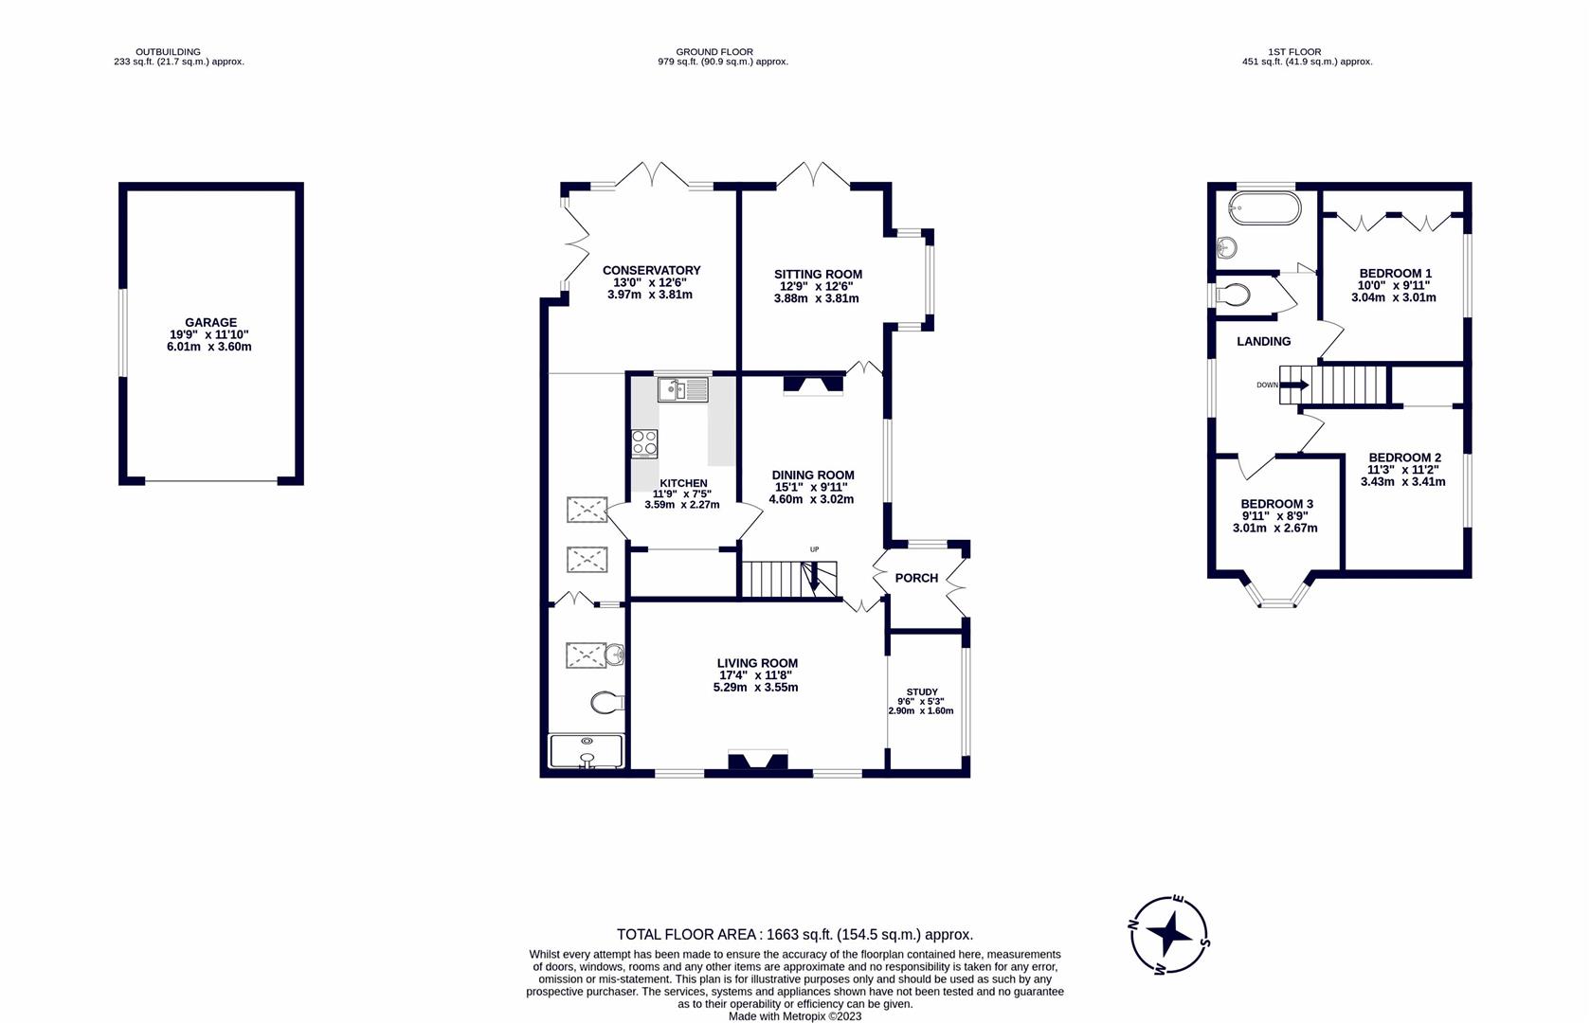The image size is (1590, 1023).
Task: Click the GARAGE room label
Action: click(x=210, y=322)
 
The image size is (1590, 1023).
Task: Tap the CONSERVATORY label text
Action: click(x=652, y=270)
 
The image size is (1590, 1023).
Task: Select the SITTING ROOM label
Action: click(x=818, y=274)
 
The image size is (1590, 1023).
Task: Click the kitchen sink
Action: click(x=683, y=389)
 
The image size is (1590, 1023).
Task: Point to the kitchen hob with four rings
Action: click(x=644, y=444)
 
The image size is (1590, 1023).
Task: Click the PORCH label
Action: click(x=916, y=578)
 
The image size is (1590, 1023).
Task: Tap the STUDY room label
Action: click(x=922, y=691)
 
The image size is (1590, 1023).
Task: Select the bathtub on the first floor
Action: click(x=1265, y=207)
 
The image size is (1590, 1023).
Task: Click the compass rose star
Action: click(x=1169, y=935)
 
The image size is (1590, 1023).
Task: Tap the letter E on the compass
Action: click(x=1179, y=900)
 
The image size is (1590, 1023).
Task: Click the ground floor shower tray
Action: click(x=587, y=751)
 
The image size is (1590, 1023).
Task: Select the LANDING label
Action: click(x=1263, y=341)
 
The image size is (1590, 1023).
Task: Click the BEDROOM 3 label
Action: click(x=1277, y=505)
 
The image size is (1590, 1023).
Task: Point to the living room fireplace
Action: click(x=758, y=761)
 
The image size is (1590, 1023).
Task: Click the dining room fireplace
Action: click(x=813, y=384)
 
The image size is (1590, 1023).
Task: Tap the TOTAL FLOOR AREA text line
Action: click(x=795, y=934)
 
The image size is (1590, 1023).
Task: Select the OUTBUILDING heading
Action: click(x=169, y=52)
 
